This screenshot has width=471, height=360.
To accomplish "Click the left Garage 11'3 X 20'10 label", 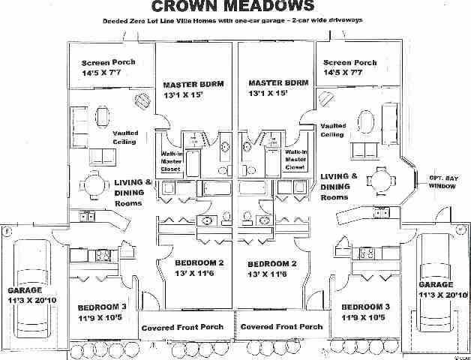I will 31,294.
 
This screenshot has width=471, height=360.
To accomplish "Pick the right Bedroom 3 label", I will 365,312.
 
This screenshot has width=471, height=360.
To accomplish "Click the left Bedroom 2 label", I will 199,269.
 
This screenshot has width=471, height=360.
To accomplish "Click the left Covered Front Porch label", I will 186,327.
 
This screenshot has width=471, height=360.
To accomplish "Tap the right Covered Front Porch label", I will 282,327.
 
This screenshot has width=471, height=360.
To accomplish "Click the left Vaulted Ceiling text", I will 125,137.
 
